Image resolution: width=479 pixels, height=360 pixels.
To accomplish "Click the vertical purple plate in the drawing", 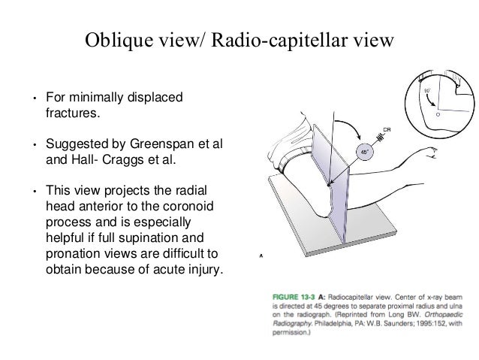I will [330, 188].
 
